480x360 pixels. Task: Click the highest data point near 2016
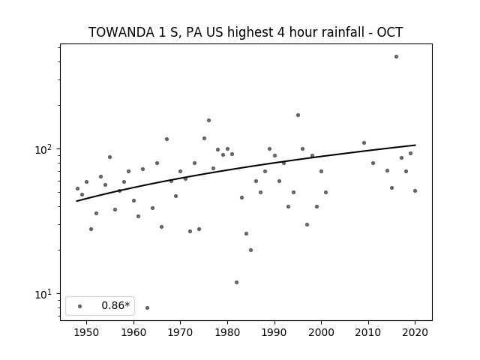(x=396, y=57)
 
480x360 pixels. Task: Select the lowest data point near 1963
(x=147, y=307)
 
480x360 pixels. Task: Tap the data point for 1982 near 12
(x=237, y=282)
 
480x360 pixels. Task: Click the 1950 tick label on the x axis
(x=87, y=332)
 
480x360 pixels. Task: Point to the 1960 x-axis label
(x=133, y=332)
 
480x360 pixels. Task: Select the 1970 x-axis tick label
(x=180, y=332)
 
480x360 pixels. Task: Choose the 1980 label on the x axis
(x=227, y=332)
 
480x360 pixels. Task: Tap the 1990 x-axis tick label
(x=274, y=332)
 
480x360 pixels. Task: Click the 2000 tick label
(x=321, y=332)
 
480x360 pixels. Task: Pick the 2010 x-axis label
(x=368, y=332)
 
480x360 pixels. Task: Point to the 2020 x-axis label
(x=415, y=332)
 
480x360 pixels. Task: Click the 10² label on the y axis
(x=43, y=150)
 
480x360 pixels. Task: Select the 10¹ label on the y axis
(x=43, y=294)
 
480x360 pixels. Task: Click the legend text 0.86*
(x=115, y=305)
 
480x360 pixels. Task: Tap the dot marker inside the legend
(x=79, y=306)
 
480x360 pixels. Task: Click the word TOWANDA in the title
(x=121, y=32)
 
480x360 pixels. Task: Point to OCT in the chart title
(x=390, y=32)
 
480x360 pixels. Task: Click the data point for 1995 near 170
(x=298, y=115)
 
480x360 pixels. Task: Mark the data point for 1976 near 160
(x=208, y=120)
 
